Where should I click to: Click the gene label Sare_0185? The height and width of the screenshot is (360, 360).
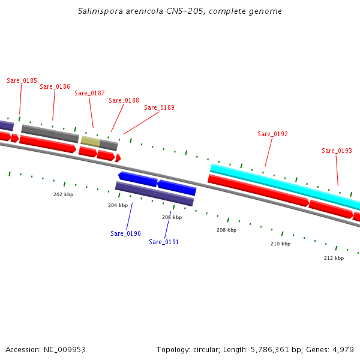[22, 80]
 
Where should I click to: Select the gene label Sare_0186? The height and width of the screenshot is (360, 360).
[55, 86]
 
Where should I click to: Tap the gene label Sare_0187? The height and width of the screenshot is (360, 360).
[89, 93]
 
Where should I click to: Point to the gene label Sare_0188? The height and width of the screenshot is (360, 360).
[124, 100]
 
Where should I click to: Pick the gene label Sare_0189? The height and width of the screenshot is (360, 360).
[159, 107]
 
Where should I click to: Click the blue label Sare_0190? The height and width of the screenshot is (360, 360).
[125, 233]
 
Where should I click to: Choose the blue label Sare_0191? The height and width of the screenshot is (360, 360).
[164, 242]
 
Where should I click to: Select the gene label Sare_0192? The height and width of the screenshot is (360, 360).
[272, 134]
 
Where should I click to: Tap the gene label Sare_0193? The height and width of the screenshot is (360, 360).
[337, 151]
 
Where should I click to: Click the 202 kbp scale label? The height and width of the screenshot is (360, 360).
[63, 194]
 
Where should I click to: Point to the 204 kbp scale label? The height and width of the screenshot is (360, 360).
[118, 205]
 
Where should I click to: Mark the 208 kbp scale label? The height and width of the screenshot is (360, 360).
[226, 230]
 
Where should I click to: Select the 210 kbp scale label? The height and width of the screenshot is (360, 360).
[280, 244]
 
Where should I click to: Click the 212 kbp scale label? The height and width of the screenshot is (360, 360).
[334, 258]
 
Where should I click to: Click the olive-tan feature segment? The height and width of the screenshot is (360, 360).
[90, 141]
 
